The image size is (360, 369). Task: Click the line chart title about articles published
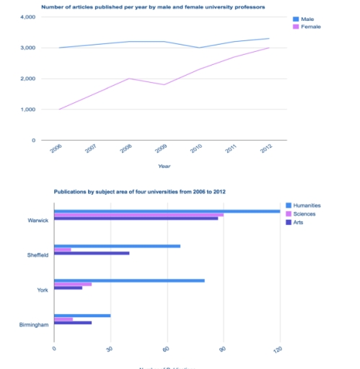click(152, 6)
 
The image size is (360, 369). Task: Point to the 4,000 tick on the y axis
click(27, 17)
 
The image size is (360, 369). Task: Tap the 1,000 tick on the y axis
click(27, 110)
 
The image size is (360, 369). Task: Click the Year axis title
click(165, 166)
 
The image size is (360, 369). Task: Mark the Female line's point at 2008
click(128, 79)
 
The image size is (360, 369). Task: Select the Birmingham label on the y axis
click(34, 325)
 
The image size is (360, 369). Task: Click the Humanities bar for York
click(129, 280)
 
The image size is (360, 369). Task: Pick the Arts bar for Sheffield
click(92, 253)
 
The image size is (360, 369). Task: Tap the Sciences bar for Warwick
click(139, 215)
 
